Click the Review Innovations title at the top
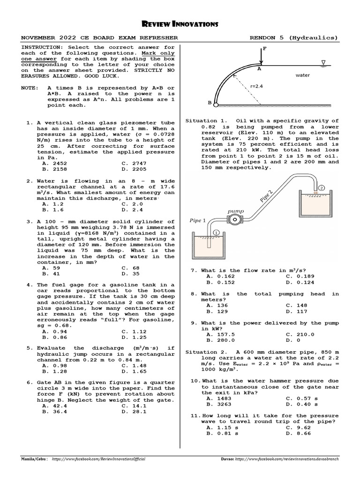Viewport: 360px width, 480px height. click(x=180, y=23)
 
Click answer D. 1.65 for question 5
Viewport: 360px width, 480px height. click(x=132, y=371)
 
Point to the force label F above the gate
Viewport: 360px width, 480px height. click(x=265, y=48)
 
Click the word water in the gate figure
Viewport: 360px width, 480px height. click(x=302, y=75)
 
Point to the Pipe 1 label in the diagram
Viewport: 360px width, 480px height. click(x=198, y=220)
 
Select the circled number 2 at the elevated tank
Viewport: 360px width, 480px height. click(x=322, y=188)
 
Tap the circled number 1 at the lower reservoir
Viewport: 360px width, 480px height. click(x=216, y=232)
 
